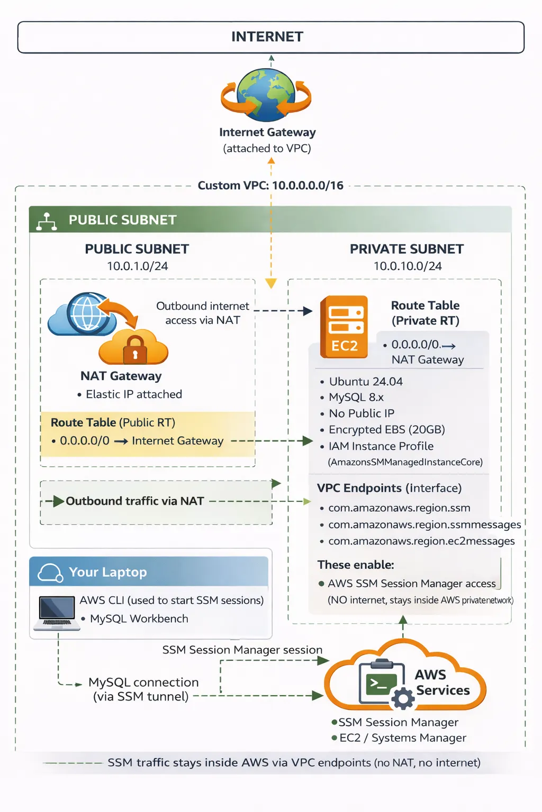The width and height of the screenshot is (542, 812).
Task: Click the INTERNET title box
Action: [x=270, y=37]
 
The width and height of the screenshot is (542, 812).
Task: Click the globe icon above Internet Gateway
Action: [x=266, y=95]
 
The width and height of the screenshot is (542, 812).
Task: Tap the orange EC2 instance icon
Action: [x=344, y=327]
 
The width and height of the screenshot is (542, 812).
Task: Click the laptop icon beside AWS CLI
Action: [x=57, y=613]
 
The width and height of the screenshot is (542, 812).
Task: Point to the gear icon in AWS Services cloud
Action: [x=403, y=698]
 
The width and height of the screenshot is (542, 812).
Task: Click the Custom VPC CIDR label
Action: [x=270, y=186]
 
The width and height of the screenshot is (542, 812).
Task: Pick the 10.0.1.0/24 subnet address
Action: [x=138, y=266]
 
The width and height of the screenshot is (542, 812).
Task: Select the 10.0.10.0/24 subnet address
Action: [x=408, y=266]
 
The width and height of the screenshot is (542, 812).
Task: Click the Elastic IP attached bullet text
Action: [x=133, y=394]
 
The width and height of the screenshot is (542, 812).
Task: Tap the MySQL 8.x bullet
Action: [x=356, y=397]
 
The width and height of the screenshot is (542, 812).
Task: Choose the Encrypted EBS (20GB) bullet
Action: [x=386, y=430]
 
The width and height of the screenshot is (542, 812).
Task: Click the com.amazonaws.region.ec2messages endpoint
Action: [x=421, y=541]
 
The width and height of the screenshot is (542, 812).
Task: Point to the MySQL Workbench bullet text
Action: [x=139, y=619]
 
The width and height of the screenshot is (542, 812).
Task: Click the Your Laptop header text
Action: [x=108, y=572]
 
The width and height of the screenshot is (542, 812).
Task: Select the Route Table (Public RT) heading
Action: [x=113, y=422]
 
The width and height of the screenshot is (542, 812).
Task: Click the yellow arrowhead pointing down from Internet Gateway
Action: [x=271, y=284]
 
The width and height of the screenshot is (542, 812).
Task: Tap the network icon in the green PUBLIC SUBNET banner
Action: [x=47, y=222]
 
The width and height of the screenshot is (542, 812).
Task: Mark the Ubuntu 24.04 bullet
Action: [x=365, y=382]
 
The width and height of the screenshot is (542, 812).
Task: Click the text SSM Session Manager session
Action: [x=242, y=650]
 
